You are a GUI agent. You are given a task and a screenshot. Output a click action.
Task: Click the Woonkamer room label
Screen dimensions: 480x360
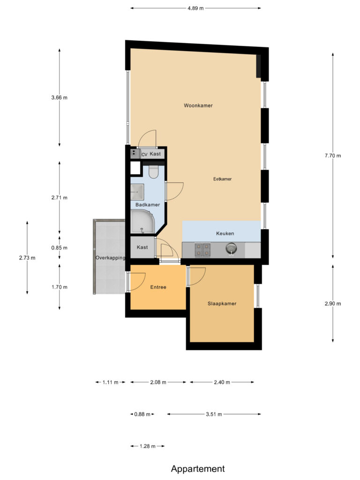click(x=198, y=106)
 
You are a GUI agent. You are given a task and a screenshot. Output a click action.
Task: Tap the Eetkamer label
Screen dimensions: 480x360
click(x=222, y=179)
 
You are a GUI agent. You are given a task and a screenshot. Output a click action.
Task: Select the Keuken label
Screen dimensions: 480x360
click(x=225, y=233)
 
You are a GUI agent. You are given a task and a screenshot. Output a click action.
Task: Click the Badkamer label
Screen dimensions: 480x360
click(x=147, y=205)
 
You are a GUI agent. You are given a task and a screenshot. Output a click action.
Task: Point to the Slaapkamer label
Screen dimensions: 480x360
click(x=222, y=304)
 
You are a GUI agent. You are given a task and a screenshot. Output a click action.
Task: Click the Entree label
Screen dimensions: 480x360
click(x=158, y=287)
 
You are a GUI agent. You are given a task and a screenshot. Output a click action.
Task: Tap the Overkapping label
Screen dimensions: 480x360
click(x=110, y=258)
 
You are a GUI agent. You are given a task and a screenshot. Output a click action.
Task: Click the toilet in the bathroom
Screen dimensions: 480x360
click(x=153, y=172)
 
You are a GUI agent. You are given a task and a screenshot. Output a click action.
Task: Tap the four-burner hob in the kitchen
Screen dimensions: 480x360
click(x=202, y=249)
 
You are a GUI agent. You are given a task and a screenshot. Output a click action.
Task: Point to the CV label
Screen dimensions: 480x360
click(x=144, y=154)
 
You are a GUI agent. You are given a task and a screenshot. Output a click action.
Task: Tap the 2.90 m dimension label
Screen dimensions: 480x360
click(x=333, y=304)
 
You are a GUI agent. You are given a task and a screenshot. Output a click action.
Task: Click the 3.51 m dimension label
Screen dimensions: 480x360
click(x=214, y=414)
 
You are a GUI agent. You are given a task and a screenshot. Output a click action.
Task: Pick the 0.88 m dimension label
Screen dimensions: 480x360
click(x=142, y=414)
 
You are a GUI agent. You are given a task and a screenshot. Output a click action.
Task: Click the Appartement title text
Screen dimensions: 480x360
click(x=198, y=469)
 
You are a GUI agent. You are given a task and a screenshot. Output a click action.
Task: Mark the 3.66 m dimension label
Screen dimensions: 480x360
click(x=60, y=98)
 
